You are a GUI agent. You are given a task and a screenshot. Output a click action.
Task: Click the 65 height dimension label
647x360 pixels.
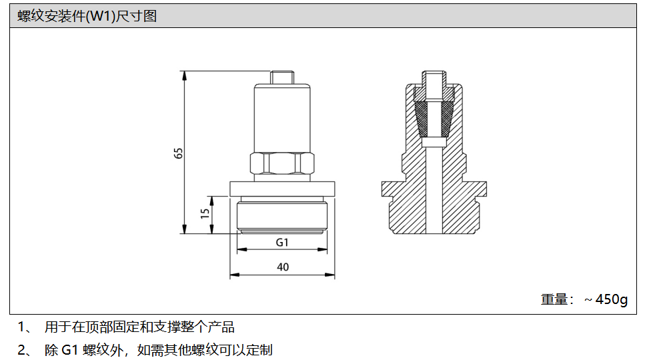[178, 153]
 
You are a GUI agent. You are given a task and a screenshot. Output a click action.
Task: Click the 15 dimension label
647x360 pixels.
[205, 213]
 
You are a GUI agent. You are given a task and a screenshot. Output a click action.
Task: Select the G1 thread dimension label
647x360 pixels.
[282, 243]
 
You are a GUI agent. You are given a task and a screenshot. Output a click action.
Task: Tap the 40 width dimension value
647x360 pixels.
[283, 267]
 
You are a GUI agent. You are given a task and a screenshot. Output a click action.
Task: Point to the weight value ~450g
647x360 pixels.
[606, 299]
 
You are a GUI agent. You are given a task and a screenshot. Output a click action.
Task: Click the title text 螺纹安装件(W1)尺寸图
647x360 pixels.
[87, 16]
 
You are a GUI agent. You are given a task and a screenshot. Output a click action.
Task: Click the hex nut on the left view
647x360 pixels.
[282, 163]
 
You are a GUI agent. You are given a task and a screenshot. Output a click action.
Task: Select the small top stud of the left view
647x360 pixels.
[282, 77]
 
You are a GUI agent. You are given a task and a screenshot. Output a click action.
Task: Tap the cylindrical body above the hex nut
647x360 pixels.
[282, 119]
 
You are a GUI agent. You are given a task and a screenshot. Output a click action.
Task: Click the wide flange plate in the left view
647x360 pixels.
[282, 189]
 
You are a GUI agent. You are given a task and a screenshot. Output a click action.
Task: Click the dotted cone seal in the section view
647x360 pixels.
[434, 119]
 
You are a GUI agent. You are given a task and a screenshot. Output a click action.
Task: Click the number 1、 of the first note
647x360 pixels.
[25, 327]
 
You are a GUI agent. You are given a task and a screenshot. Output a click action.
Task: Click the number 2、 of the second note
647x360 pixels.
[25, 350]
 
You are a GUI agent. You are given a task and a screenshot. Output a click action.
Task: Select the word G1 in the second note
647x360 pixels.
[70, 350]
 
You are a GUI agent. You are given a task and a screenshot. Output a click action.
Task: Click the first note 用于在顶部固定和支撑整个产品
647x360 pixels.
[139, 327]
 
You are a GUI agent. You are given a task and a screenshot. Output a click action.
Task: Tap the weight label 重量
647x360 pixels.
[554, 299]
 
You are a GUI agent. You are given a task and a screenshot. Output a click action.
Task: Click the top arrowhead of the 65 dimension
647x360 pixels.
[185, 75]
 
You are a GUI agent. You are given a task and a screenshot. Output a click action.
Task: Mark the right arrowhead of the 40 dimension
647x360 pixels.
[330, 275]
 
